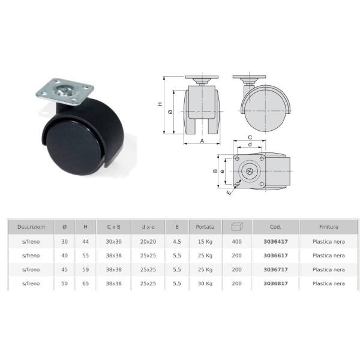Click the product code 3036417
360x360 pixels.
pyautogui.click(x=275, y=242)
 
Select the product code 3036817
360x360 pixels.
pyautogui.click(x=275, y=284)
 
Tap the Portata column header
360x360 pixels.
pyautogui.click(x=205, y=227)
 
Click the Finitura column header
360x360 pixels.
pyautogui.click(x=329, y=227)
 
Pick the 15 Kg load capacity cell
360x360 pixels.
pyautogui.click(x=205, y=242)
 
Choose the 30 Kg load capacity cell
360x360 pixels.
pyautogui.click(x=205, y=284)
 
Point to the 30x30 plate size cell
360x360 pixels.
pyautogui.click(x=113, y=242)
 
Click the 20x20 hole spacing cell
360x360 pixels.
pyautogui.click(x=148, y=242)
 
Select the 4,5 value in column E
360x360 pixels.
pyautogui.click(x=177, y=242)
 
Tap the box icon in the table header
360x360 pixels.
pyautogui.click(x=237, y=226)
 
